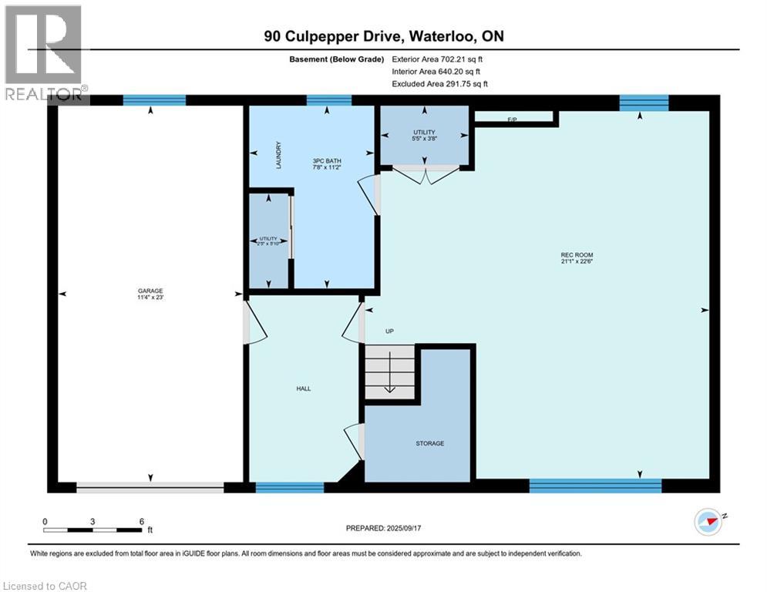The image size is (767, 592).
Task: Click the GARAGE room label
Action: point(151,291)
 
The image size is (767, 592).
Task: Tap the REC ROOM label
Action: point(577,254)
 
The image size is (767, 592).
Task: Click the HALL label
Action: point(304,388)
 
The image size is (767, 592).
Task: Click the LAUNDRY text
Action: point(279,155)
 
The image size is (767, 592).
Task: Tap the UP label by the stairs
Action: point(389,331)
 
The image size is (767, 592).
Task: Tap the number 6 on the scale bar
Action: point(142,521)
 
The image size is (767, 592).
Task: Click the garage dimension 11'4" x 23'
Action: point(151,298)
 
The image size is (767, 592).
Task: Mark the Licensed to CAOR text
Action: point(45,586)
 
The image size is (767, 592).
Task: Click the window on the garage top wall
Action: point(155,99)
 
